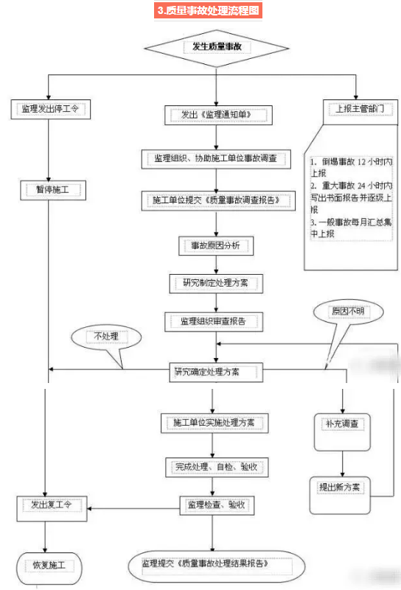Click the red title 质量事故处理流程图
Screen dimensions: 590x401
pos(208,11)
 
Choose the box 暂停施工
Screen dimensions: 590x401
pos(51,190)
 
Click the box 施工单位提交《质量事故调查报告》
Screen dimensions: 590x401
pos(215,200)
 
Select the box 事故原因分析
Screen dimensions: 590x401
pos(216,245)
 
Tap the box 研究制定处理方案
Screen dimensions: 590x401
pos(215,282)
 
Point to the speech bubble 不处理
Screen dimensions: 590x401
pos(107,338)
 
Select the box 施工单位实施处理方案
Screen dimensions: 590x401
pos(214,423)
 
